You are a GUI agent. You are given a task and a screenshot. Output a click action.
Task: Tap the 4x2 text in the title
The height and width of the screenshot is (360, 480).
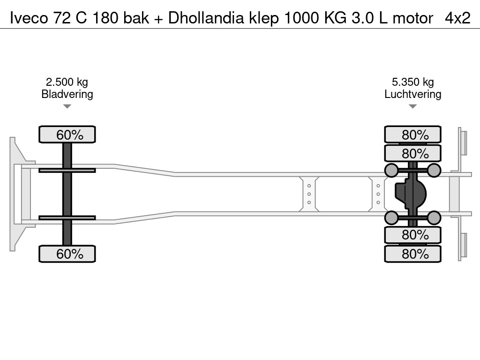pyautogui.click(x=457, y=18)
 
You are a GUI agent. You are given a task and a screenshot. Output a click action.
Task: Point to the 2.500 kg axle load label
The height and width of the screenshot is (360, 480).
pyautogui.click(x=67, y=82)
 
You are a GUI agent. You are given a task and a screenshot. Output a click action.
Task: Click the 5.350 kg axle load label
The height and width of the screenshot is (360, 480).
pyautogui.click(x=412, y=82)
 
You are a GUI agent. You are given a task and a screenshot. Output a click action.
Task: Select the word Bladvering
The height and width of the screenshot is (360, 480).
pyautogui.click(x=67, y=94)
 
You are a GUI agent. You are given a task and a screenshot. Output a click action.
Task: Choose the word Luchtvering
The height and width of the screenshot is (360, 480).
pyautogui.click(x=412, y=94)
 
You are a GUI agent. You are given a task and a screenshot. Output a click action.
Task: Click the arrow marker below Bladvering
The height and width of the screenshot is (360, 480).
pyautogui.click(x=67, y=107)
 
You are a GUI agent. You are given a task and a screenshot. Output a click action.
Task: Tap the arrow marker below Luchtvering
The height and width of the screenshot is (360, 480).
pyautogui.click(x=412, y=107)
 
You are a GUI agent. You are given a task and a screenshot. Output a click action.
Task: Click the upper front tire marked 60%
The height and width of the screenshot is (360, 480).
pyautogui.click(x=67, y=135)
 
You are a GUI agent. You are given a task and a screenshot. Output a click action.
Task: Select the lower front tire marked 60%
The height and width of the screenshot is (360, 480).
pyautogui.click(x=67, y=254)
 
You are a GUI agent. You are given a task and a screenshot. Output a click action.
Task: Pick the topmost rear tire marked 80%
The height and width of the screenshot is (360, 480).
pyautogui.click(x=412, y=135)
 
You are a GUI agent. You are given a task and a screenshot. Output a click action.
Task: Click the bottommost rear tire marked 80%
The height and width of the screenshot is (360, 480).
pyautogui.click(x=412, y=254)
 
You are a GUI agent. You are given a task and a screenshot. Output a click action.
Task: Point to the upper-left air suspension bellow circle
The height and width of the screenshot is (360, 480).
pyautogui.click(x=391, y=170)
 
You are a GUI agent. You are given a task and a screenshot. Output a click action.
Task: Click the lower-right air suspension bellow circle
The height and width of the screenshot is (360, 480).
pyautogui.click(x=434, y=217)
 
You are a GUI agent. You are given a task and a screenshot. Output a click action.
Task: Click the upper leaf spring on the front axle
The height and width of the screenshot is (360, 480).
pyautogui.click(x=67, y=170)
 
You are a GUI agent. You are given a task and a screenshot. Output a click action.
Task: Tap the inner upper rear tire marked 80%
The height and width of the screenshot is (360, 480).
pyautogui.click(x=412, y=153)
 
